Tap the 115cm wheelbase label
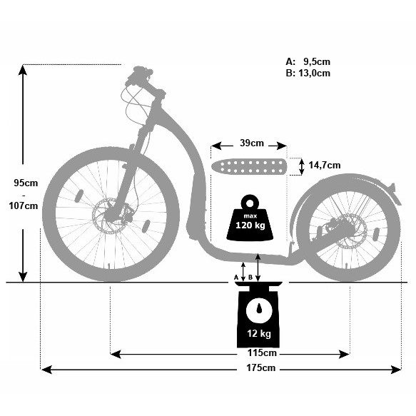[262, 353]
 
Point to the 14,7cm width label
[324, 166]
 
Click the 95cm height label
[25, 182]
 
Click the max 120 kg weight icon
[250, 217]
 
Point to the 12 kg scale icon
[259, 314]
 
